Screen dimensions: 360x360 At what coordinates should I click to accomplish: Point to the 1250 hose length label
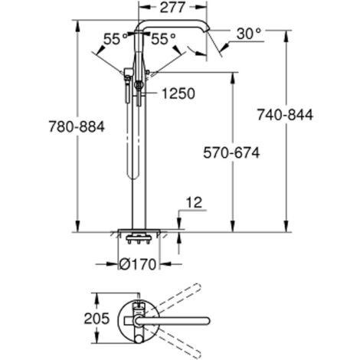[177, 93]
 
